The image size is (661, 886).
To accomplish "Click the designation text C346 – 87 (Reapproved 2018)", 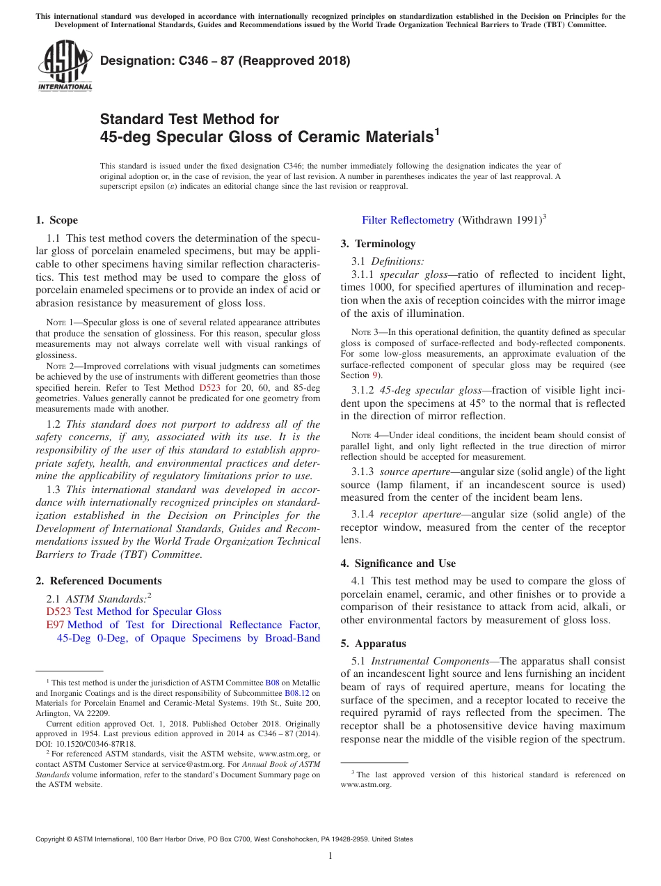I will tap(225, 61).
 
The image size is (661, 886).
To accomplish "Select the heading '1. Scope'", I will tap(56, 220).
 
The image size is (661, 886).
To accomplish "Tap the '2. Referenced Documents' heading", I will tap(98, 581).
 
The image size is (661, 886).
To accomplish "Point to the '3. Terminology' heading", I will tap(378, 244).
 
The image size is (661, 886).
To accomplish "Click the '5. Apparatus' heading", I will tap(373, 644).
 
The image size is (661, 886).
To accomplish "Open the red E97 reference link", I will tap(55, 625).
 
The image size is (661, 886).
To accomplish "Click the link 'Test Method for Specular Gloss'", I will tap(148, 612).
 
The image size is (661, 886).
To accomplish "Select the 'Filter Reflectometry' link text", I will tap(408, 220).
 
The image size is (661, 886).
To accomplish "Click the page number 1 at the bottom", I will tap(330, 855).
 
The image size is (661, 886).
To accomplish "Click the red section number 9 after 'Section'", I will tap(374, 375).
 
